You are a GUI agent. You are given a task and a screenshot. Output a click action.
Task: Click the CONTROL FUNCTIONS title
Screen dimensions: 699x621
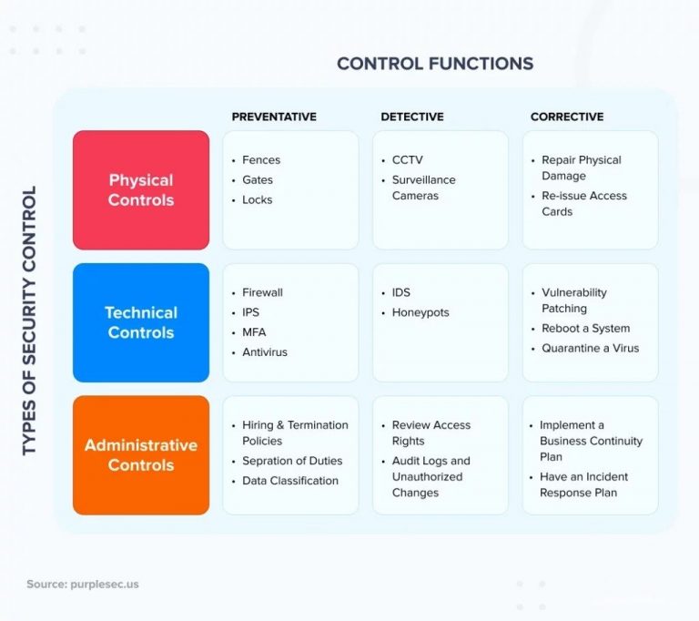pyautogui.click(x=435, y=64)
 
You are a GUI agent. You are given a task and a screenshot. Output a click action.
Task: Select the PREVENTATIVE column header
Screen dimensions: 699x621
pyautogui.click(x=274, y=117)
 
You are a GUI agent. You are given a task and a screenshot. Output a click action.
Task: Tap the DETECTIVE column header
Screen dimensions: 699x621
pyautogui.click(x=412, y=117)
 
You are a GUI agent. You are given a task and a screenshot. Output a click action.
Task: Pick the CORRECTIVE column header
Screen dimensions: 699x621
pyautogui.click(x=567, y=117)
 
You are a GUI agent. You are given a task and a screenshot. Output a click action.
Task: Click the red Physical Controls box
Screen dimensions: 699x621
pyautogui.click(x=141, y=190)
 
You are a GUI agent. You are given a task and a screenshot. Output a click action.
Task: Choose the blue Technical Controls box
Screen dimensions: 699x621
pyautogui.click(x=141, y=322)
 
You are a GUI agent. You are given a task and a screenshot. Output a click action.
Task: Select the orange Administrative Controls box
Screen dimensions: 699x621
pyautogui.click(x=141, y=455)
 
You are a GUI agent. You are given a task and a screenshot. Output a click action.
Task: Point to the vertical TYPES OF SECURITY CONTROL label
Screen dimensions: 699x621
pyautogui.click(x=29, y=321)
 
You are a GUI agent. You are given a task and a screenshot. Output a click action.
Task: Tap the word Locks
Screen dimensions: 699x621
pyautogui.click(x=258, y=199)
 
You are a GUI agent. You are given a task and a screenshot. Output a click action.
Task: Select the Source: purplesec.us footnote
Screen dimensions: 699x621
pyautogui.click(x=83, y=585)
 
